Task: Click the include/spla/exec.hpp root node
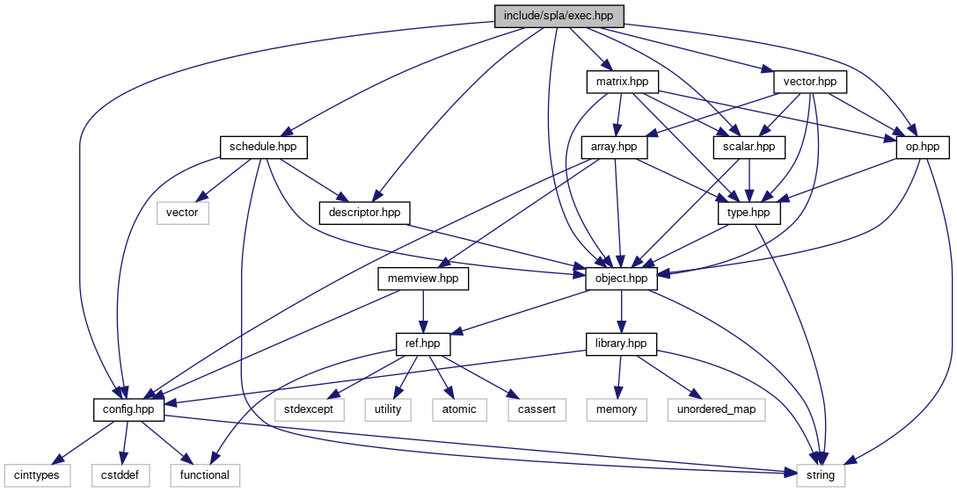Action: tap(559, 16)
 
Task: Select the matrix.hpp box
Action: tap(622, 82)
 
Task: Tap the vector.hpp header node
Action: tap(810, 82)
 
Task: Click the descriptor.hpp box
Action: tap(364, 212)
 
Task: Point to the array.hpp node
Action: tap(615, 147)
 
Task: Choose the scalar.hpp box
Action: tap(749, 147)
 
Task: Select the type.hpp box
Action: tap(749, 212)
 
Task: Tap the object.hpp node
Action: tap(622, 278)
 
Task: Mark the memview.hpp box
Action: tap(424, 278)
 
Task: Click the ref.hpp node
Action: tap(424, 344)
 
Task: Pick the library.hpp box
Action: tap(622, 344)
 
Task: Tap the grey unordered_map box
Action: tap(716, 409)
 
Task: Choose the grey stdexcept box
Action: tap(309, 409)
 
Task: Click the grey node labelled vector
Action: tap(182, 212)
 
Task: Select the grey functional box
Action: tap(205, 475)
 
